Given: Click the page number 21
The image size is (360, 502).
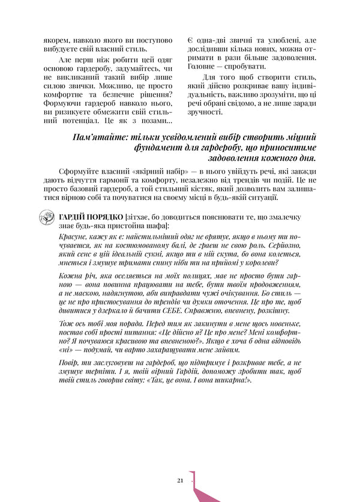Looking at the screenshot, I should pos(180,480).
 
